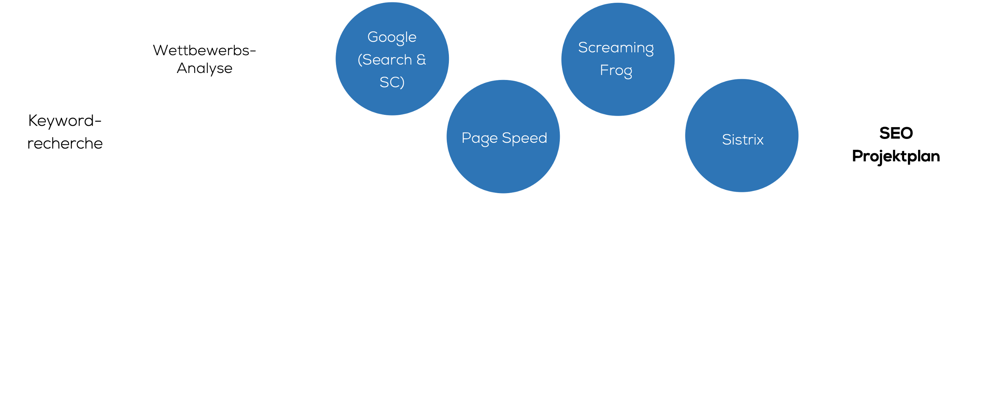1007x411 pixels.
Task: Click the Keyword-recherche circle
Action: (65, 132)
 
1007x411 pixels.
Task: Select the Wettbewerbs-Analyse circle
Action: (204, 61)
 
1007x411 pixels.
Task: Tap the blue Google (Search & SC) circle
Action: (392, 59)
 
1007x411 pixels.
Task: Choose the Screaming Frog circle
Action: (618, 59)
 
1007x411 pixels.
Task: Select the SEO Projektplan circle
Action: (897, 144)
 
